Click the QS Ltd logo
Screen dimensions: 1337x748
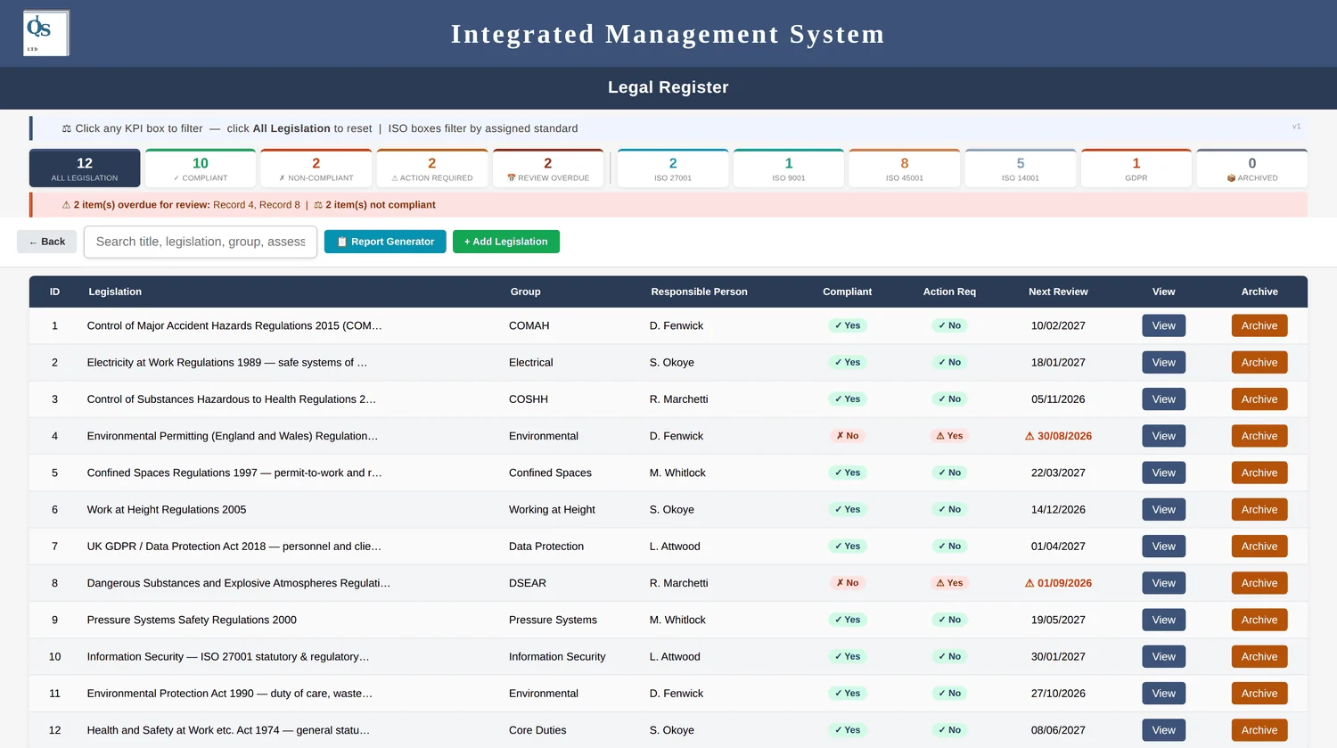pos(46,33)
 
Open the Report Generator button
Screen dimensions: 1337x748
pos(385,242)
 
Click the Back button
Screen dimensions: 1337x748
pos(46,242)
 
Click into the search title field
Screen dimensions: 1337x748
pos(201,242)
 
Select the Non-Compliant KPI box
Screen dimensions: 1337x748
pos(316,168)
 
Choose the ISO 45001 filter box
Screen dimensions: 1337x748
pos(905,168)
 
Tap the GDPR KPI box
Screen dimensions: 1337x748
pos(1136,168)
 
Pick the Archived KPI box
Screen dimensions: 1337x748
pos(1252,168)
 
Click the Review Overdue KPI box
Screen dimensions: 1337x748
pos(548,168)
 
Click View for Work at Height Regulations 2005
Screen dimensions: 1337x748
pos(1163,509)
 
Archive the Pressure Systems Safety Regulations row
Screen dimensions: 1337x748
pos(1259,620)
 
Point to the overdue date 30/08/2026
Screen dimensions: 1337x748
pos(1064,436)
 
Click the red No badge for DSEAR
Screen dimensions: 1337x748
pos(847,583)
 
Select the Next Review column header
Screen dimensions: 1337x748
pos(1058,292)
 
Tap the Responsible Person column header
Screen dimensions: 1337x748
pos(699,292)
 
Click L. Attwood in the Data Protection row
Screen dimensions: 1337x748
pos(675,547)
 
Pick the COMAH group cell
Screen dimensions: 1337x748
pos(529,325)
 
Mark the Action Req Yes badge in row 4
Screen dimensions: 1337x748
pos(949,436)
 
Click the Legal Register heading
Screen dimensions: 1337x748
pos(668,87)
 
